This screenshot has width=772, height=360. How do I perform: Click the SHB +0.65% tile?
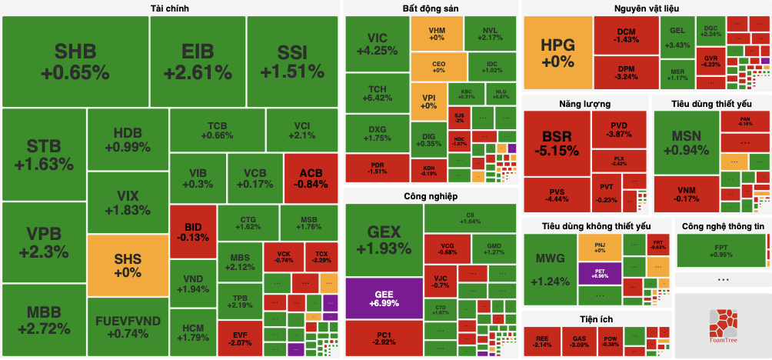(75, 62)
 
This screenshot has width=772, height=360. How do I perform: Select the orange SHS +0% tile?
(127, 265)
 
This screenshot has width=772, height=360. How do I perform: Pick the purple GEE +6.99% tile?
(384, 298)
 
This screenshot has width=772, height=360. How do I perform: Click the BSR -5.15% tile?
(557, 143)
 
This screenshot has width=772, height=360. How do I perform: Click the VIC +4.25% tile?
(377, 44)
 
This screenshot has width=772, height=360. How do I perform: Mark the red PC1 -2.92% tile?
(384, 338)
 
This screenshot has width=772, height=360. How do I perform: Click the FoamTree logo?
(722, 323)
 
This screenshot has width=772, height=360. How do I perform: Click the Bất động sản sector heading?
(430, 8)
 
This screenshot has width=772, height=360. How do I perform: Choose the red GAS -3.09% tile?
(579, 341)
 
